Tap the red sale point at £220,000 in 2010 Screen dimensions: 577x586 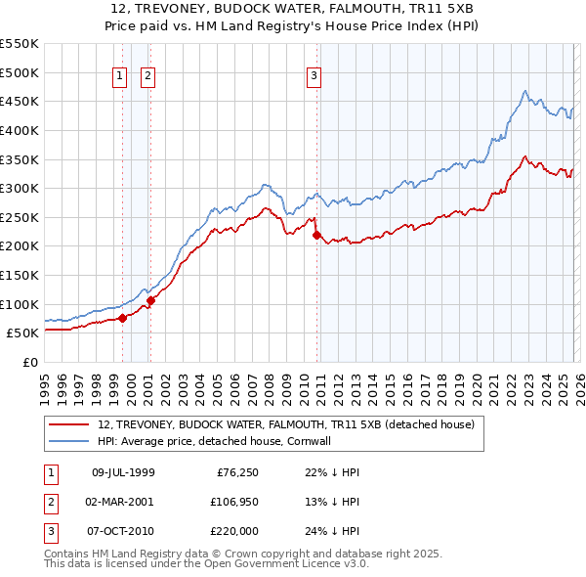316,235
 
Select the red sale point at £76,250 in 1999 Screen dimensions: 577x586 122,318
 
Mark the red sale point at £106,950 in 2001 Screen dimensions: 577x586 150,300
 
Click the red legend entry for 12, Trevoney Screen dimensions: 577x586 286,424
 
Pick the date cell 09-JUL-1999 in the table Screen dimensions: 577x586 122,472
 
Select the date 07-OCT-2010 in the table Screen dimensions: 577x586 122,531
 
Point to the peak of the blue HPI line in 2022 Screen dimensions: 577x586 525,91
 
